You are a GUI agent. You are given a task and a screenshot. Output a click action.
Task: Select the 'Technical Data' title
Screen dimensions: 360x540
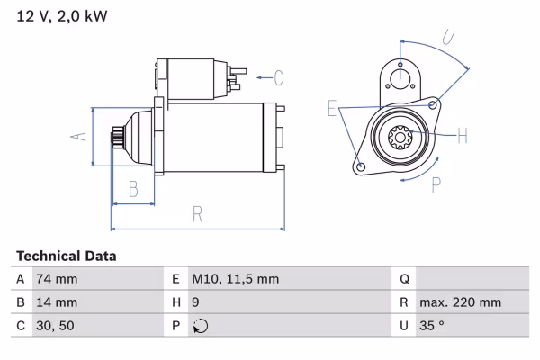[x=66, y=256]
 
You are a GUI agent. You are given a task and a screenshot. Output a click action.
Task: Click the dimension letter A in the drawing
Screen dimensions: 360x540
[x=78, y=136]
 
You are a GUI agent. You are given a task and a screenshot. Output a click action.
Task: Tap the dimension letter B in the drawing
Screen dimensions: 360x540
[x=132, y=188]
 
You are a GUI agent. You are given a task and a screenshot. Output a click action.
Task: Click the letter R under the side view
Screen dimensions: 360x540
[x=196, y=213]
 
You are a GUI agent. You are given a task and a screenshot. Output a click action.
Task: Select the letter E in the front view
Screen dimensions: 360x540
[x=332, y=110]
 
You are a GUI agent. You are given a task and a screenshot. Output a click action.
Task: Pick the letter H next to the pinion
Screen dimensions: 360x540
[x=462, y=136]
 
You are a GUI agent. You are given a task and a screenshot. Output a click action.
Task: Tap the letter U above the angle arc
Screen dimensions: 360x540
[x=447, y=38]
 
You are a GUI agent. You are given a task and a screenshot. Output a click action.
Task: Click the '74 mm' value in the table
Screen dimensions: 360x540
[x=56, y=279]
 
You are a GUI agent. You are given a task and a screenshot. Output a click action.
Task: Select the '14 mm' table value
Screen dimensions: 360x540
[x=56, y=302]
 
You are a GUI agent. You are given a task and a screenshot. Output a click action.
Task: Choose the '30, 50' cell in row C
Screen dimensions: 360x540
[x=55, y=326]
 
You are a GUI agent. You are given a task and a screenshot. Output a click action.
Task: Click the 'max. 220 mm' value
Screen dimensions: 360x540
[x=459, y=302]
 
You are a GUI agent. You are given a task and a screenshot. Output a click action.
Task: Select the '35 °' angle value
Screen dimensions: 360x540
[x=433, y=326]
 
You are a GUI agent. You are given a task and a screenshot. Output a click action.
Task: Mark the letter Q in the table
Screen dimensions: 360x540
[x=404, y=279]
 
